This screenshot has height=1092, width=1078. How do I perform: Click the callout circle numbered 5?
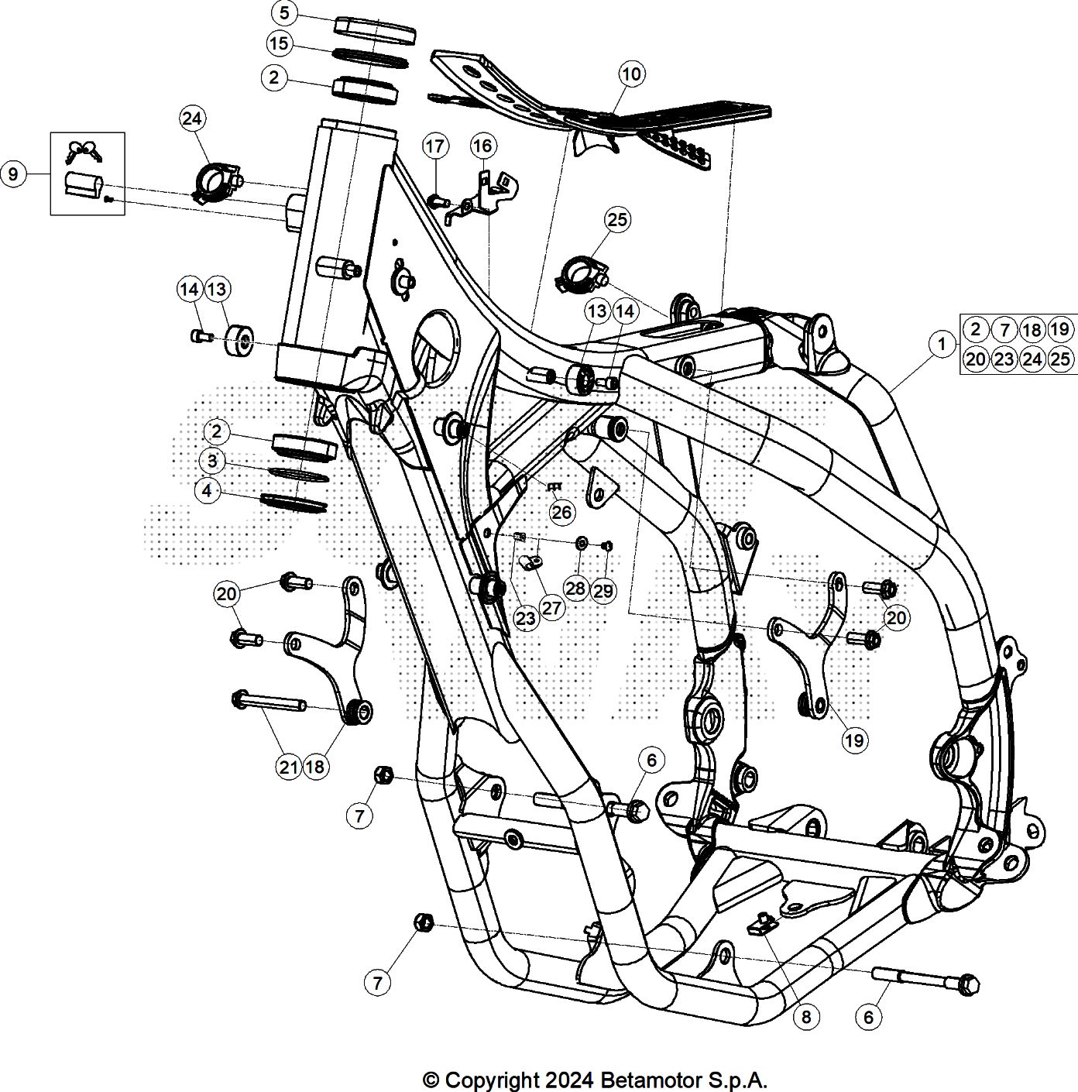click(x=285, y=13)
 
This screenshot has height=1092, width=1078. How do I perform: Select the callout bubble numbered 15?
click(x=279, y=43)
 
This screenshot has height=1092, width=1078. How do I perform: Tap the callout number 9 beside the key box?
click(x=13, y=174)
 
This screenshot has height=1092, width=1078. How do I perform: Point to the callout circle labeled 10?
click(x=632, y=74)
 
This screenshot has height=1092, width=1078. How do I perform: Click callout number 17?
click(x=435, y=146)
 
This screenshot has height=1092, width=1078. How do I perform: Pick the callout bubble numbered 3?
click(x=211, y=462)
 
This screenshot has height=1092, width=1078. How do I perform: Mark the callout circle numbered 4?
click(x=207, y=491)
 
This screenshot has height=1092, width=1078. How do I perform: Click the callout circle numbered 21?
click(x=288, y=767)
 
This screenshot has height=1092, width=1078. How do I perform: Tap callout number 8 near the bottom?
click(x=806, y=1017)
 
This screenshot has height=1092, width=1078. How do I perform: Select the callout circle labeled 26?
click(x=562, y=512)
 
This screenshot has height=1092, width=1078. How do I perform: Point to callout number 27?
click(x=551, y=608)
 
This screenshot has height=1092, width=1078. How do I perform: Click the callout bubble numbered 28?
click(x=575, y=589)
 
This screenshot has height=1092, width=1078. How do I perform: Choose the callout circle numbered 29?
click(x=604, y=591)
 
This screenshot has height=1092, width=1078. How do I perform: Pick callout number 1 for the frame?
click(x=942, y=343)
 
